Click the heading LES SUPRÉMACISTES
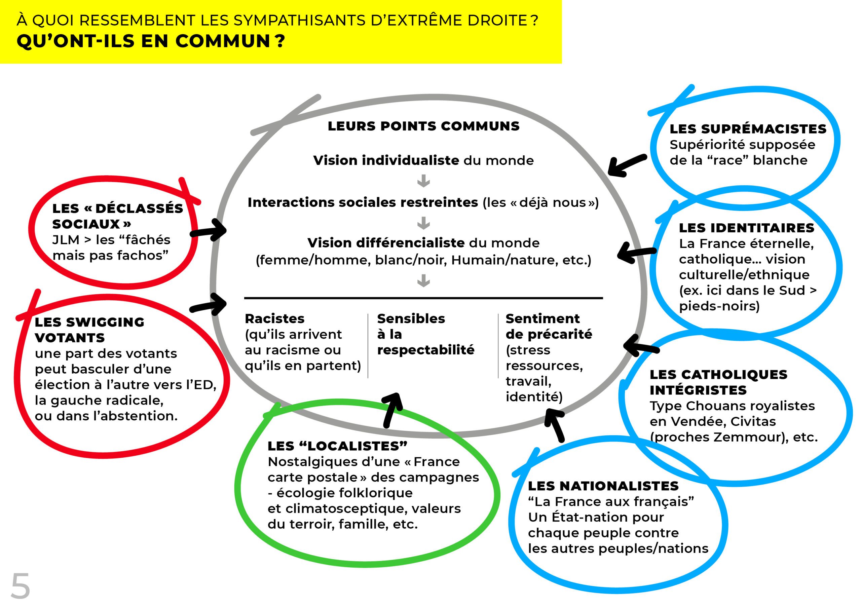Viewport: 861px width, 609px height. tap(748, 129)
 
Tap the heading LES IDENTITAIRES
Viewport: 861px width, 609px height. tap(747, 228)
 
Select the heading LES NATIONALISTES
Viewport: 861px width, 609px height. tap(603, 486)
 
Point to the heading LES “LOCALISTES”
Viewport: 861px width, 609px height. tap(337, 446)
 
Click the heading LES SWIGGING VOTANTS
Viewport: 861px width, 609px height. tap(89, 330)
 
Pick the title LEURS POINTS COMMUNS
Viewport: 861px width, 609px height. tap(423, 126)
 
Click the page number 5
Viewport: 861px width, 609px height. tap(20, 586)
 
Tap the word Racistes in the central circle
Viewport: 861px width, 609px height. tap(274, 319)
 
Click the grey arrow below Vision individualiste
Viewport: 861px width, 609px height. tap(423, 181)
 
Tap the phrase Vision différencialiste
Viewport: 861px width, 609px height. tap(386, 243)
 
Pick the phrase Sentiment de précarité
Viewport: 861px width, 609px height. tap(548, 326)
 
